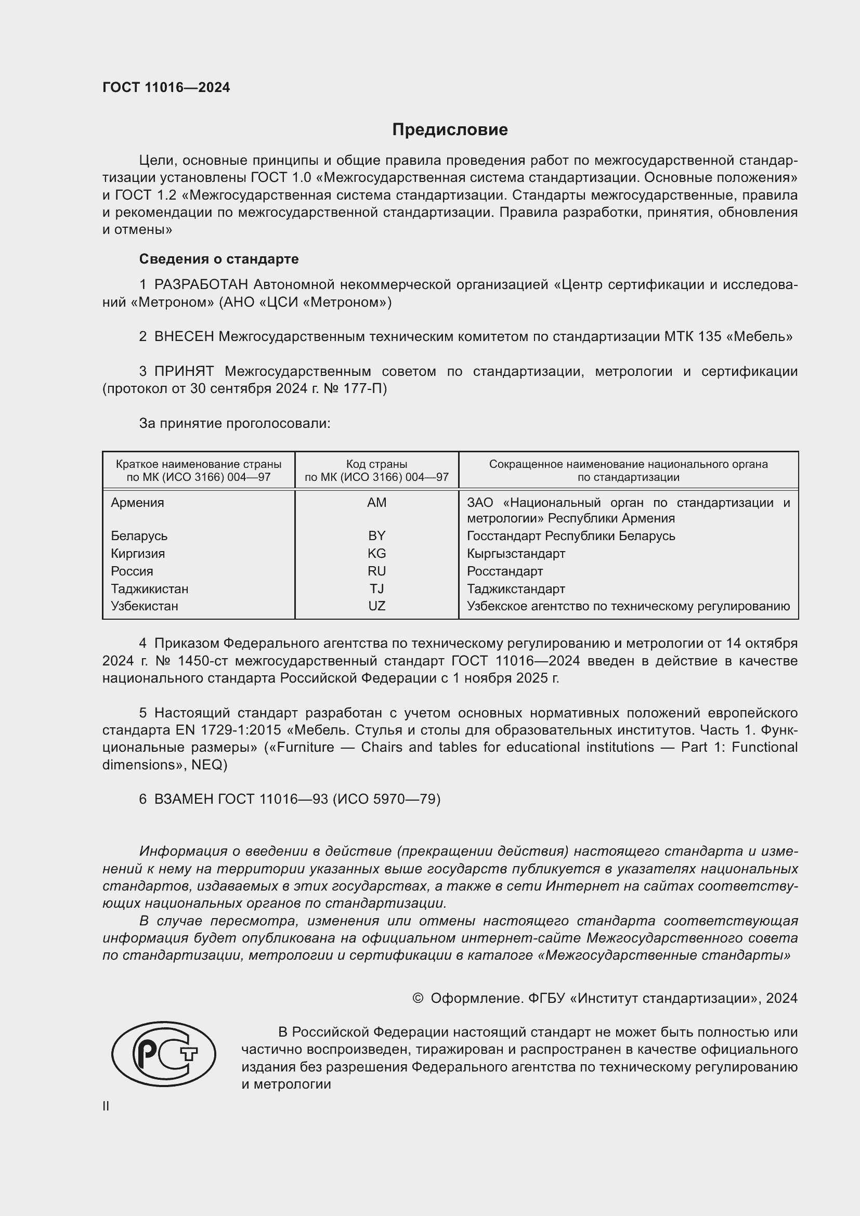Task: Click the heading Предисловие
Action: tap(450, 130)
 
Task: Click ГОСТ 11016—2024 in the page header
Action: tap(166, 88)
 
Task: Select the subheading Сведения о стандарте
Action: tap(219, 259)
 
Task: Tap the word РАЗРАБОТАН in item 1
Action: tap(201, 285)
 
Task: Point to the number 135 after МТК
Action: tap(710, 337)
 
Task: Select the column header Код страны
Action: tap(376, 464)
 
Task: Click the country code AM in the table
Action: tap(376, 503)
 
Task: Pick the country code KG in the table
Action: tap(376, 554)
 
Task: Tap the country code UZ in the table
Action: tap(376, 606)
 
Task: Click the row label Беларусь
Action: tap(139, 536)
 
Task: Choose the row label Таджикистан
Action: tap(149, 589)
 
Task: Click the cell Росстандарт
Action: tap(505, 571)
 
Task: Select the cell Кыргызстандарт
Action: tap(516, 554)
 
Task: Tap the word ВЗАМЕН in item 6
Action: tap(184, 799)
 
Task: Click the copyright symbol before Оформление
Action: tap(418, 998)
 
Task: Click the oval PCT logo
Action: tap(164, 1054)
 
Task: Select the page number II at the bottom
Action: tap(106, 1106)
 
